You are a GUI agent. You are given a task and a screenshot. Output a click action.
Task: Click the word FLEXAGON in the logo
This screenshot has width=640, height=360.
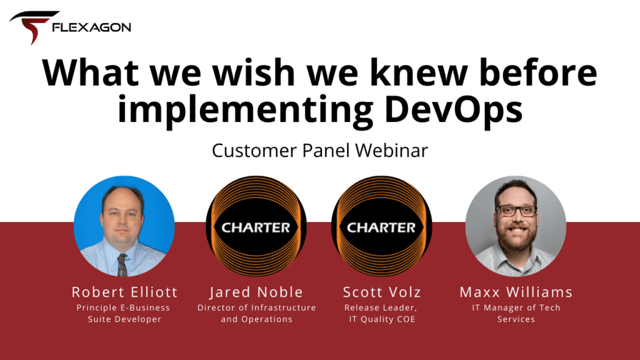(92, 27)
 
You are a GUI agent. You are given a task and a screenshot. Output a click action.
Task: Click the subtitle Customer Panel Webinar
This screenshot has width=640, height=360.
(319, 151)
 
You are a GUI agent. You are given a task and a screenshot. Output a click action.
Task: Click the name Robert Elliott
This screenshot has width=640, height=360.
(124, 292)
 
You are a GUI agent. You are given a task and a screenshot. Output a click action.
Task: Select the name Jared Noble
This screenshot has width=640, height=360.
(256, 292)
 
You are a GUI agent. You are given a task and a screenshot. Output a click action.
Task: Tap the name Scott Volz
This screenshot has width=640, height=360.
(381, 292)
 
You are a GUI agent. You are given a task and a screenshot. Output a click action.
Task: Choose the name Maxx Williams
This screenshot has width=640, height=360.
(516, 292)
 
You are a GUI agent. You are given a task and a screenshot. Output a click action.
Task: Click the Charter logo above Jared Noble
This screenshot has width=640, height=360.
(256, 227)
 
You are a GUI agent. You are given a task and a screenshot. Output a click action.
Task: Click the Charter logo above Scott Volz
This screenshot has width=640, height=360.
(381, 227)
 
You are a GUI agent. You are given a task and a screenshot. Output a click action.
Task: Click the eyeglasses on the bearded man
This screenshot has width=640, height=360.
(516, 211)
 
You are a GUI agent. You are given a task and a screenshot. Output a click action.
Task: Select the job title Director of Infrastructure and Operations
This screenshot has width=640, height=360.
(256, 313)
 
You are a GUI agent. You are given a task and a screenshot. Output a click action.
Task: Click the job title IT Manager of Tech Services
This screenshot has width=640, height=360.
(516, 313)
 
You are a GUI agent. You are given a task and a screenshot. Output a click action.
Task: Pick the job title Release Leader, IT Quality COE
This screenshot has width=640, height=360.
(381, 313)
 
